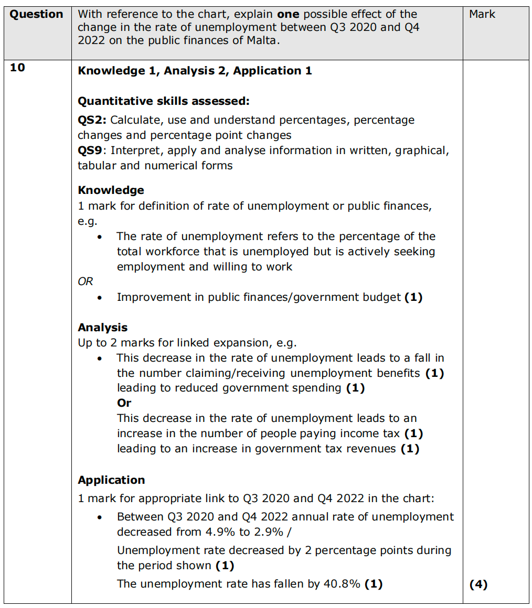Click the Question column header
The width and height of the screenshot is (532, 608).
tap(37, 14)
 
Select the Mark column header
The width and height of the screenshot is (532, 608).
tap(482, 14)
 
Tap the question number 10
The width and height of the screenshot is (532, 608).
tap(17, 68)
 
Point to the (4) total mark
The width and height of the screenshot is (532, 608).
tap(478, 584)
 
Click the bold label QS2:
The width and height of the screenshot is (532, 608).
tap(92, 120)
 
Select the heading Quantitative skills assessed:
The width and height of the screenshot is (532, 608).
tap(164, 101)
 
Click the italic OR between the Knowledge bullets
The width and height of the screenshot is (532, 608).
tap(85, 281)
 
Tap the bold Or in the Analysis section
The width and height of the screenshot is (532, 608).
tap(124, 403)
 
